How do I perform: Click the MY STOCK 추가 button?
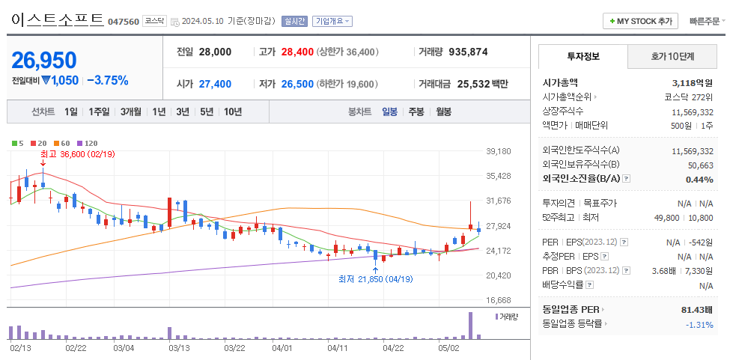[x=640, y=21]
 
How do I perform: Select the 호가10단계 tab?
[x=672, y=56]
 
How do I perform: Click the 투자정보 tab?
[x=583, y=56]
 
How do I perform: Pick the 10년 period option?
[x=233, y=112]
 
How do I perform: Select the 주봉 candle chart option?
[x=416, y=112]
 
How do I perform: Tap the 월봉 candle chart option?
[x=443, y=112]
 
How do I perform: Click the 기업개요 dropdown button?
[x=332, y=21]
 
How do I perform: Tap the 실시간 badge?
[x=294, y=21]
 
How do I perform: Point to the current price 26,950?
[x=45, y=60]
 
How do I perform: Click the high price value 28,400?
[x=297, y=52]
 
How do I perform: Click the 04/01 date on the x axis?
[x=282, y=347]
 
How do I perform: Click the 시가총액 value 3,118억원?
[x=693, y=83]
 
